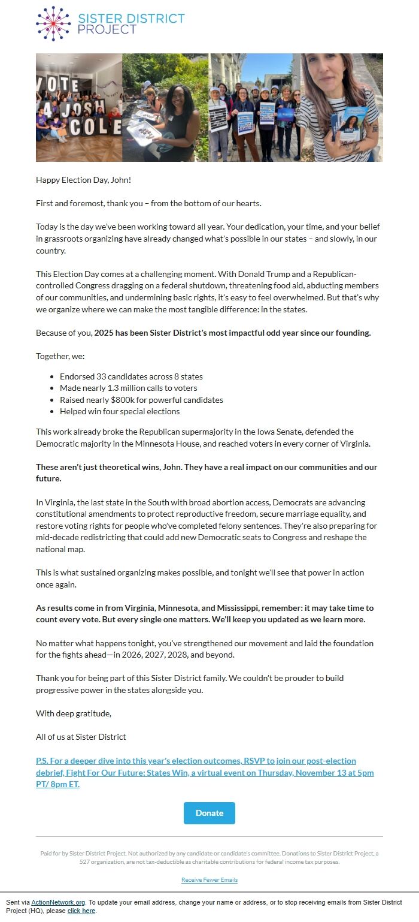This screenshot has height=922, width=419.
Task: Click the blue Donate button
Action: [209, 813]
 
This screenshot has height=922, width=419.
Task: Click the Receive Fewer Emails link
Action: [209, 880]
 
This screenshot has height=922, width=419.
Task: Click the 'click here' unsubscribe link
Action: [81, 911]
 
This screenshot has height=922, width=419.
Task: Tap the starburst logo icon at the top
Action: [53, 23]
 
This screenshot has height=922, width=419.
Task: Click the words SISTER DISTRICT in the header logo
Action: [131, 18]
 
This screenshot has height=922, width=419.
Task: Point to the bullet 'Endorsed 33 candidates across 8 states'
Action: [131, 376]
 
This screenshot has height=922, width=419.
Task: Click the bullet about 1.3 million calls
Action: [128, 388]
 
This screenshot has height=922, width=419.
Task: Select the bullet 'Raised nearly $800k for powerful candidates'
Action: [141, 400]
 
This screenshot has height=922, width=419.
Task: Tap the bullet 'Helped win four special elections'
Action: [120, 411]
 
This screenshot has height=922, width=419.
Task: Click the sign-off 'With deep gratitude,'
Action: [74, 713]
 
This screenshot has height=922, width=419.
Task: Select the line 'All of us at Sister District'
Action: [81, 737]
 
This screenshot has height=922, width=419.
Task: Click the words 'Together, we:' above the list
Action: [60, 356]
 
